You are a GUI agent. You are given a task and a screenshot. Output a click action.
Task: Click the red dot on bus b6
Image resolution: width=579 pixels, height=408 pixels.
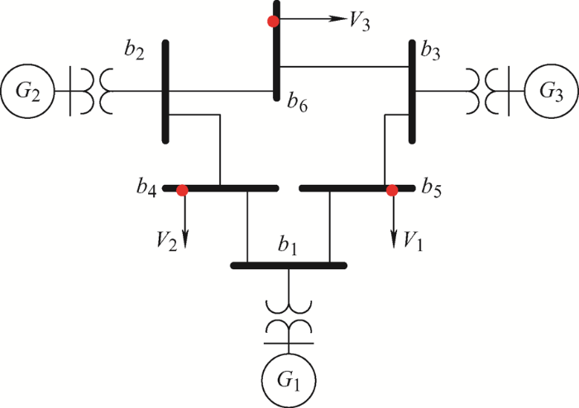click(273, 21)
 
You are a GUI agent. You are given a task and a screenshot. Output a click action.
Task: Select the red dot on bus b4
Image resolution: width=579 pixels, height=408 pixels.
click(182, 190)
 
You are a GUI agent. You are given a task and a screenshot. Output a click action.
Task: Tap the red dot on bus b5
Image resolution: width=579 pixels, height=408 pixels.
click(392, 190)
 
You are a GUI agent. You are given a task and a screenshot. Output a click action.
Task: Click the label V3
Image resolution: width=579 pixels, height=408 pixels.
click(359, 21)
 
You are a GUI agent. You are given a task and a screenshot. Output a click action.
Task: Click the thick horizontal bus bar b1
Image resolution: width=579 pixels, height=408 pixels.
click(288, 265)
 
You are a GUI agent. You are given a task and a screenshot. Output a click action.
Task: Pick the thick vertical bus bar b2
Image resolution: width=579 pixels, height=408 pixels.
click(165, 91)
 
